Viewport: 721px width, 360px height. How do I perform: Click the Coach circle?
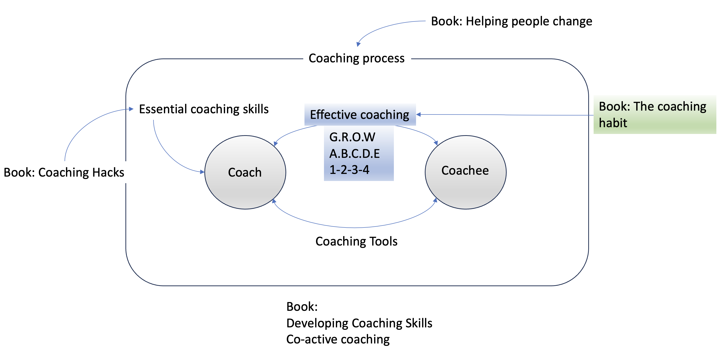click(x=245, y=172)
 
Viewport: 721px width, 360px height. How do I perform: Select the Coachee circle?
click(x=465, y=172)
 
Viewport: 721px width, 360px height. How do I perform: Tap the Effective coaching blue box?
click(x=360, y=114)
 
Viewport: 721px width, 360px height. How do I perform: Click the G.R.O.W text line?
click(x=352, y=137)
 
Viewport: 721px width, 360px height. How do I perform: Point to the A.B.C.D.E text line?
click(x=354, y=153)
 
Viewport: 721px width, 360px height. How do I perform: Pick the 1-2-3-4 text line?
click(x=349, y=170)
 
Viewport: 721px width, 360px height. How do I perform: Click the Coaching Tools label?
click(x=356, y=241)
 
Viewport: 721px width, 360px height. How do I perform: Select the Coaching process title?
click(x=357, y=58)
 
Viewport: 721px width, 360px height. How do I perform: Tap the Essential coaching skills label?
click(x=204, y=109)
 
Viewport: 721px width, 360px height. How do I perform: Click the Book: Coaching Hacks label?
click(x=64, y=172)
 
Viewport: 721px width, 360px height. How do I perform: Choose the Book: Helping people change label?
click(x=511, y=21)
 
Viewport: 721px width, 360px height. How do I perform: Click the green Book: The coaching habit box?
click(x=655, y=114)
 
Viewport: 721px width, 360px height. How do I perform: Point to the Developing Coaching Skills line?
click(x=359, y=323)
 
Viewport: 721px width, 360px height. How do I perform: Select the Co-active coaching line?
click(x=338, y=339)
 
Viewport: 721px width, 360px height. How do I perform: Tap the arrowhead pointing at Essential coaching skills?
click(x=131, y=109)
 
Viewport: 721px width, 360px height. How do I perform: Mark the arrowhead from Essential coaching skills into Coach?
click(x=202, y=172)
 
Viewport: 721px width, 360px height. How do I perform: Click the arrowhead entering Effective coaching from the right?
click(x=419, y=114)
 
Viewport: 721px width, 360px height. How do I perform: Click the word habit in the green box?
click(x=613, y=123)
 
